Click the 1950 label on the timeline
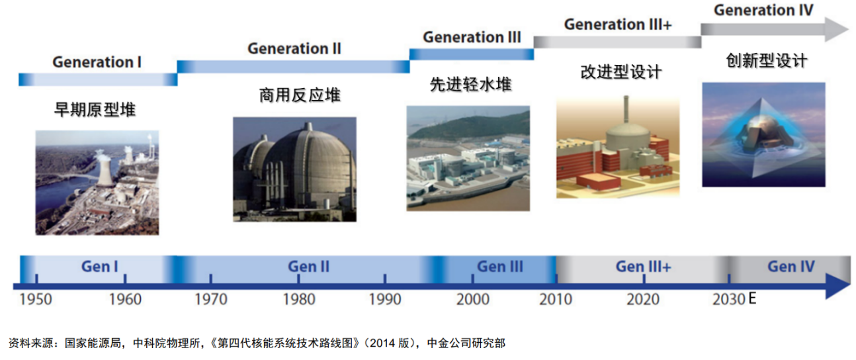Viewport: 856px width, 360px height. coord(36,299)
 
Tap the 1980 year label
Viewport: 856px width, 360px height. coord(299,299)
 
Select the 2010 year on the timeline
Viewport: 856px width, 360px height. coord(556,299)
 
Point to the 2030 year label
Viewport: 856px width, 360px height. coord(729,299)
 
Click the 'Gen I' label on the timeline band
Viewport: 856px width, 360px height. coord(99,267)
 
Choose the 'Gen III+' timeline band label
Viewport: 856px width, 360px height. coord(643,267)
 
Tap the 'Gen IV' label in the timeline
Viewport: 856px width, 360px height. coord(791,267)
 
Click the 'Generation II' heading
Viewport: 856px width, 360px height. coord(294,48)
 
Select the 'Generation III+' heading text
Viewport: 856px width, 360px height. coord(618,24)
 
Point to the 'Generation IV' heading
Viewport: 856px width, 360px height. coord(763,10)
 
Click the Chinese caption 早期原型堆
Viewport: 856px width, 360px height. coord(95,110)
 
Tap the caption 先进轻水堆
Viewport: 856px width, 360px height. coord(470,84)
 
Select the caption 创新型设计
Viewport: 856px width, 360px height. coord(767,60)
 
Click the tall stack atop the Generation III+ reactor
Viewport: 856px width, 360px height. coord(626,110)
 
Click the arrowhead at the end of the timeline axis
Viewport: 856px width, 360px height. coord(837,287)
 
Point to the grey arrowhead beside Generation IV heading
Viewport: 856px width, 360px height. coord(837,29)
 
